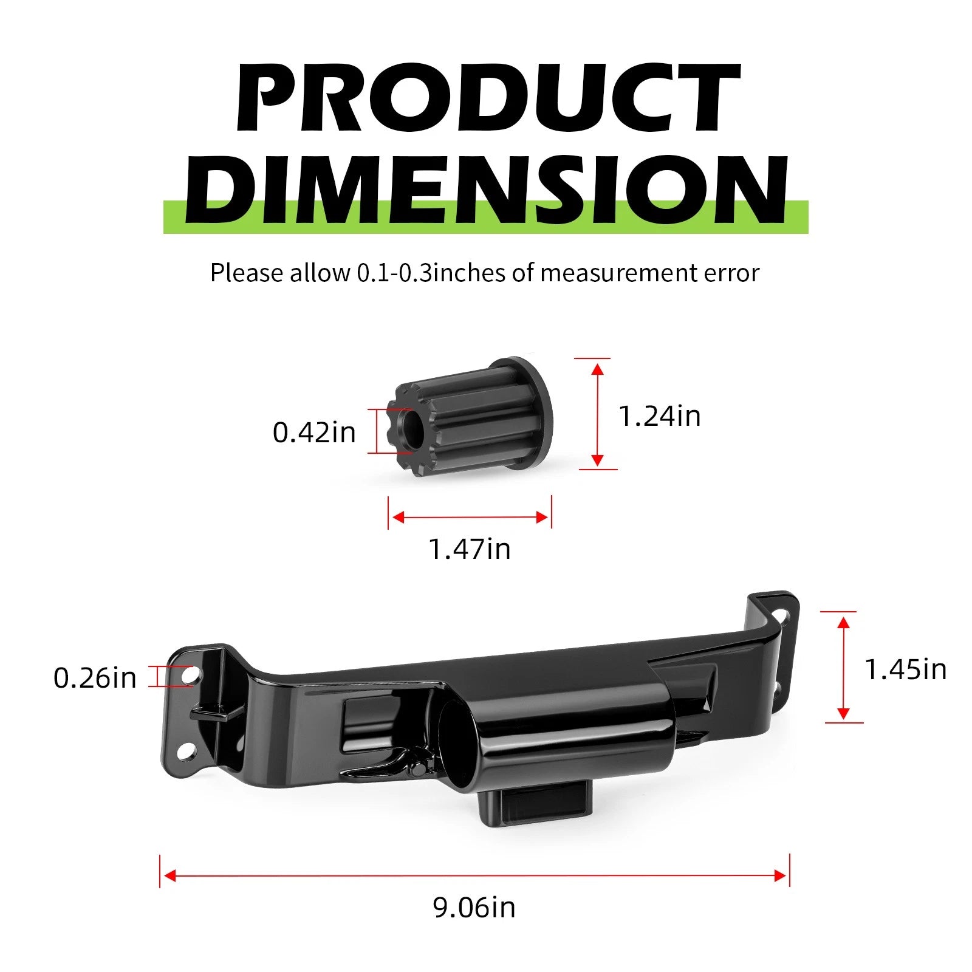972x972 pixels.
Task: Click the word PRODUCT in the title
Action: [487, 98]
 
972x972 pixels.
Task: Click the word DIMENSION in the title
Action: [486, 190]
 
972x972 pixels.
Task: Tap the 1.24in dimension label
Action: [660, 416]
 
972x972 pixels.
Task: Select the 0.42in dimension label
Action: [314, 433]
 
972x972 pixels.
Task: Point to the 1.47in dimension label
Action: [470, 549]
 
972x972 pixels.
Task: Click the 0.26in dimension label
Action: [95, 678]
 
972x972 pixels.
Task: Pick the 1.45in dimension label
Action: [906, 669]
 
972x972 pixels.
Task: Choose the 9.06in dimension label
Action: [474, 908]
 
